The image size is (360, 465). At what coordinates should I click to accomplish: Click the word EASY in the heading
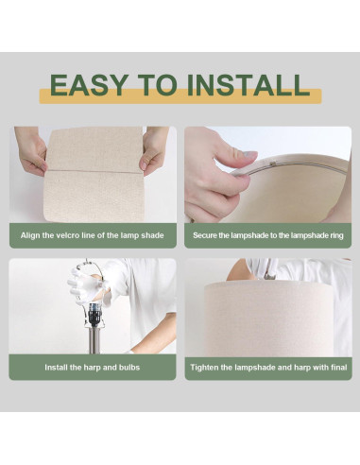[x=89, y=85]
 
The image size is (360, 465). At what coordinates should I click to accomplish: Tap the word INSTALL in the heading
[x=249, y=85]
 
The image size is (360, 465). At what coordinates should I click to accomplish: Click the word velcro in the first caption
[x=67, y=235]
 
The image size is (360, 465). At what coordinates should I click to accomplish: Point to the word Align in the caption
[x=27, y=235]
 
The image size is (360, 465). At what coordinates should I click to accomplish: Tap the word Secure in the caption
[x=203, y=235]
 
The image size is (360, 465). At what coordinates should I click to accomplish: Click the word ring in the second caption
[x=336, y=235]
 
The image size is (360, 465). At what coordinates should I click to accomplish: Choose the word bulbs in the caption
[x=129, y=368]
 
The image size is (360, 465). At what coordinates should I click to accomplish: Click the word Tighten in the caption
[x=202, y=368]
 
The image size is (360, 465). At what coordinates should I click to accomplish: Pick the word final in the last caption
[x=339, y=368]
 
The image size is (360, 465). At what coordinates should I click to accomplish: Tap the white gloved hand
[x=83, y=285]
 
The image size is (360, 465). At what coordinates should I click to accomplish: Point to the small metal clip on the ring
[x=273, y=163]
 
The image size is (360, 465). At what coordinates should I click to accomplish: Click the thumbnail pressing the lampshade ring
[x=249, y=155]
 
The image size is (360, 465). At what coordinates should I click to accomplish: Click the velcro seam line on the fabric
[x=94, y=172]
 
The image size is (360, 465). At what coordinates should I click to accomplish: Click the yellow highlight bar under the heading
[x=180, y=96]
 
